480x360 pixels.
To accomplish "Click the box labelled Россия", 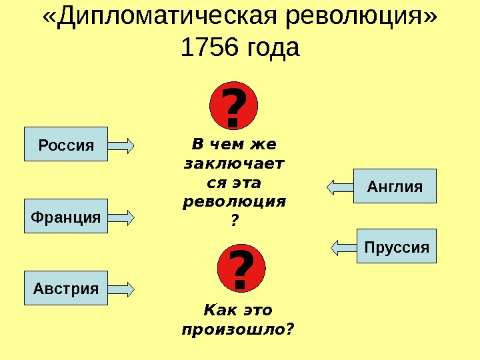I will pos(66,144).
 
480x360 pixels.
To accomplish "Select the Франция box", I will pos(66,216).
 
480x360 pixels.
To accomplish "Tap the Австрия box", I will pos(66,288).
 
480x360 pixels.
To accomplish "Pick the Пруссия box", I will pos(397,247).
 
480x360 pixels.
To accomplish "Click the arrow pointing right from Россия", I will pos(121,144).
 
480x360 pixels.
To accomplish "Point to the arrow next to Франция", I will pos(121,216).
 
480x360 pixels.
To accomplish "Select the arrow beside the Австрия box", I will pos(121,288).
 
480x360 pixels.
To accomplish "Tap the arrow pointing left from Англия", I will pos(341,186).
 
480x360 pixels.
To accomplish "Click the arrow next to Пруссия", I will pos(344,247).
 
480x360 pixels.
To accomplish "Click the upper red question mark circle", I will pos(233,107).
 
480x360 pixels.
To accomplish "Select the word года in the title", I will pos(274,48).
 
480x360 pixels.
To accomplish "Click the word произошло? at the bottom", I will pos(238,329).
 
